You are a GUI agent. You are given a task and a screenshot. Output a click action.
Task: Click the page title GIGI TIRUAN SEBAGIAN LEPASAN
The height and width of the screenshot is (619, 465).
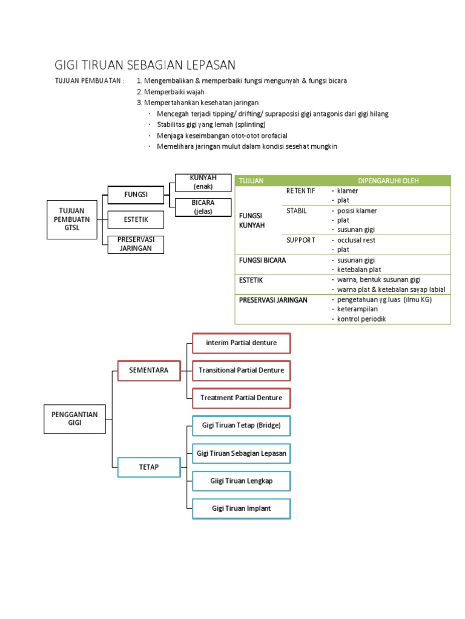tap(145, 65)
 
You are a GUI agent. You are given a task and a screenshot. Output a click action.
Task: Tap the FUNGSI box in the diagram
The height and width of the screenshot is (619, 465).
tap(136, 195)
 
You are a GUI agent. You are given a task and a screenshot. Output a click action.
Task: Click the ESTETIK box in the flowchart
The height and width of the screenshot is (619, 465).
tap(136, 219)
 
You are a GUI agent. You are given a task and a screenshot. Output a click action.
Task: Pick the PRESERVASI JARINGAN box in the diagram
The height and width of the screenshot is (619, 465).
tap(136, 244)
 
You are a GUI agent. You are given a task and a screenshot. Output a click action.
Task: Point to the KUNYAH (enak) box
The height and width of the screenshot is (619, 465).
tap(203, 182)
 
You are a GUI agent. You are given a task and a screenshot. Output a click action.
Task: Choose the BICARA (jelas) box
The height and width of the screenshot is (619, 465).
tap(203, 207)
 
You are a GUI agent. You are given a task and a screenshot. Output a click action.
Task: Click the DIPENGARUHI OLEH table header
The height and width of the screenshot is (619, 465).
tap(388, 181)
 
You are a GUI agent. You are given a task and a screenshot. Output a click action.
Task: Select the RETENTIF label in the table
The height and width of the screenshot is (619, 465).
tap(301, 191)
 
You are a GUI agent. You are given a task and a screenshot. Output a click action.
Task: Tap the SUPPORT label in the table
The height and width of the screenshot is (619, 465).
tap(301, 240)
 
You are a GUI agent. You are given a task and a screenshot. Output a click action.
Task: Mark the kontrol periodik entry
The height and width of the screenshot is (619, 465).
tap(361, 319)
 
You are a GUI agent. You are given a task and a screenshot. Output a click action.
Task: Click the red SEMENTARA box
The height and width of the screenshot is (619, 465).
tap(148, 370)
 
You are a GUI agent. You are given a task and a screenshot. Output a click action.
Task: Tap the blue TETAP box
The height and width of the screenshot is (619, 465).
tap(148, 467)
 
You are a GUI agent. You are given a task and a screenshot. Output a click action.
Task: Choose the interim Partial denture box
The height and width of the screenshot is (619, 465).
tap(242, 343)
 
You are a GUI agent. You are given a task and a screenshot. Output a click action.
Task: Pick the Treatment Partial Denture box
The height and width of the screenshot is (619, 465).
tap(242, 398)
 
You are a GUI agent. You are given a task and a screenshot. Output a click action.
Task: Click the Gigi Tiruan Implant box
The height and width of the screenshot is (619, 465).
tap(242, 508)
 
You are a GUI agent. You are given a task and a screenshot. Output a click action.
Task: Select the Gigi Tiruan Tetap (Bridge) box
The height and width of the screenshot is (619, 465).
tap(242, 426)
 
